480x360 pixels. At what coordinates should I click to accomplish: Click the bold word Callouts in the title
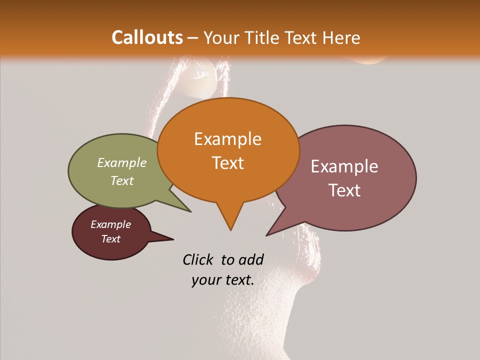147,37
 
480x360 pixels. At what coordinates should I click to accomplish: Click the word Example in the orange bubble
227,139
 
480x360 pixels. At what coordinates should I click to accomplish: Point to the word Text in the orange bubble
228,163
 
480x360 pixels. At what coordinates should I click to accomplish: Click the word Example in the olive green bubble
122,162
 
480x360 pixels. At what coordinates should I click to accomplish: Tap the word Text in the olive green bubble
122,180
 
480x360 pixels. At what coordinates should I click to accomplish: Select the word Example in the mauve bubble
344,166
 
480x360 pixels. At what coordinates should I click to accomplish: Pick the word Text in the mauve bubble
345,190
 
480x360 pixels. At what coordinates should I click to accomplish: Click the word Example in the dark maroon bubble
111,224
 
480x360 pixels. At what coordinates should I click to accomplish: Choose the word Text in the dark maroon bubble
111,239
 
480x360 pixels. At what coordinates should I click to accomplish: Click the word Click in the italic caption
198,259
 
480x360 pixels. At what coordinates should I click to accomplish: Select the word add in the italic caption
251,259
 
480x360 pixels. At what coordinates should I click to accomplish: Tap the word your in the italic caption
205,280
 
